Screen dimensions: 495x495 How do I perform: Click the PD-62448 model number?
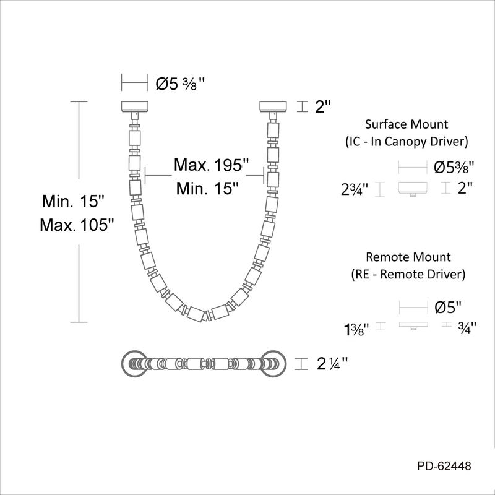tap(444, 466)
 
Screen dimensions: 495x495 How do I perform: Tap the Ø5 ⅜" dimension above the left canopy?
tap(180, 84)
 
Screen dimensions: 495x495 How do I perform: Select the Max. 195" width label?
tap(212, 165)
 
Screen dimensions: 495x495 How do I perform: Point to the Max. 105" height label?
tap(77, 225)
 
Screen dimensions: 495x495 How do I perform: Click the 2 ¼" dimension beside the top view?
tap(332, 364)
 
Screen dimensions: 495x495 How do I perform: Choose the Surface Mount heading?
tap(407, 124)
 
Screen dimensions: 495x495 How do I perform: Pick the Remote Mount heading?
tap(408, 257)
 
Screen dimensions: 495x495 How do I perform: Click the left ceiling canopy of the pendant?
tap(135, 106)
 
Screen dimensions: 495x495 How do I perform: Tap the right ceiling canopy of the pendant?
tap(273, 106)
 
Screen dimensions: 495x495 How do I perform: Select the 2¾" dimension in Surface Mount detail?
tap(355, 190)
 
